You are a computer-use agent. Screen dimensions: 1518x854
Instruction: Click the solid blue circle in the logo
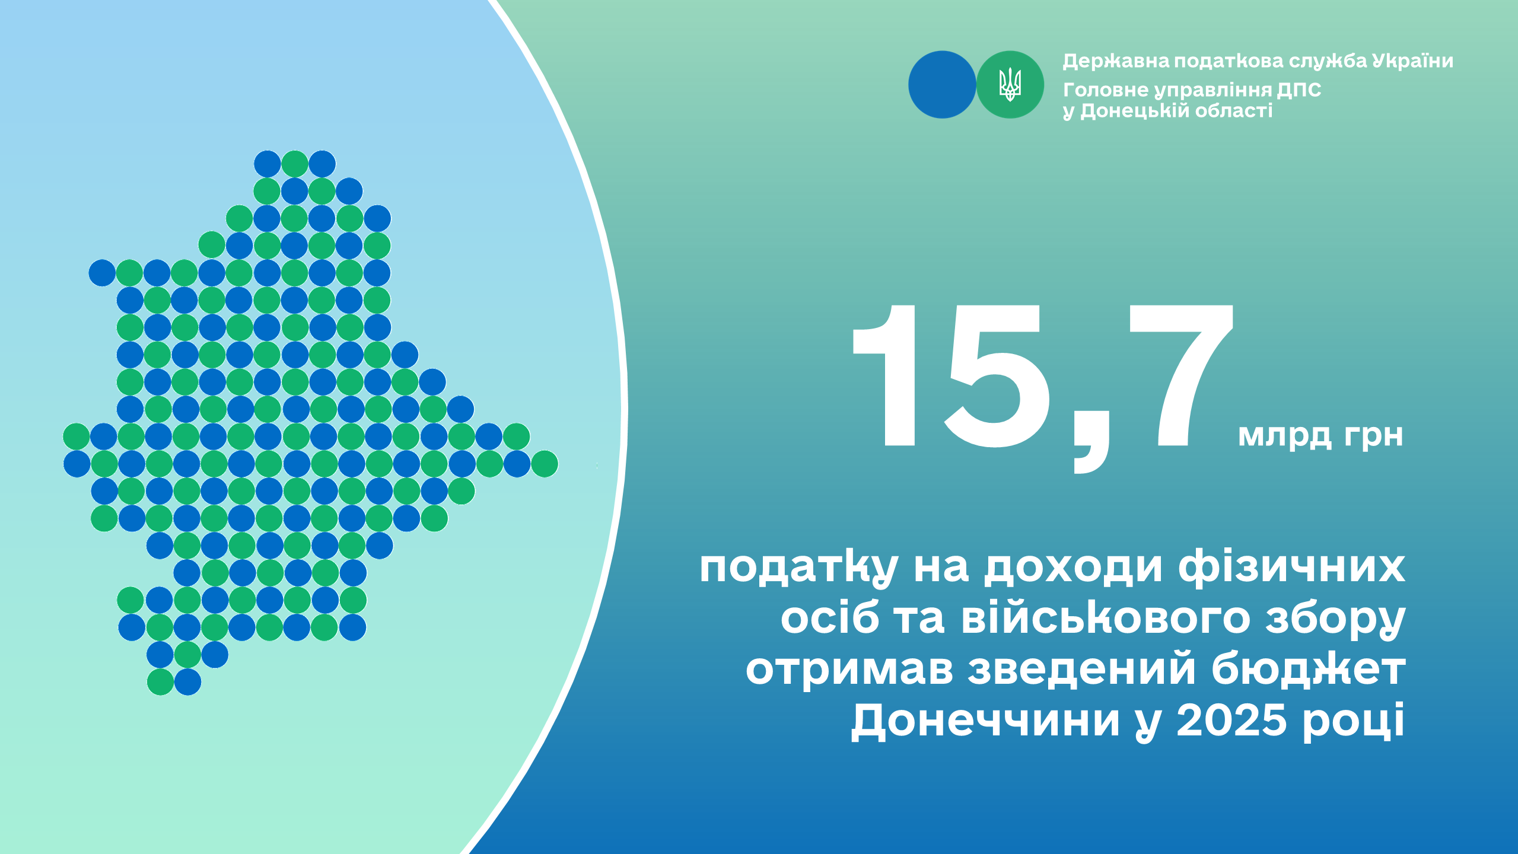[942, 85]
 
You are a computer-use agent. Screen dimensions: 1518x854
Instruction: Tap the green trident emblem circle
[1010, 85]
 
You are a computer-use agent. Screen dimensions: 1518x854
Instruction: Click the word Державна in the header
[1116, 61]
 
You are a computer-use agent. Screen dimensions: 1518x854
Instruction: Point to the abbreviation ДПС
[1299, 90]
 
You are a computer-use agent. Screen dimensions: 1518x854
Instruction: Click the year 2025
[1231, 721]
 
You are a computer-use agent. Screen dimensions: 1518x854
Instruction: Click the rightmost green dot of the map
[544, 464]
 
